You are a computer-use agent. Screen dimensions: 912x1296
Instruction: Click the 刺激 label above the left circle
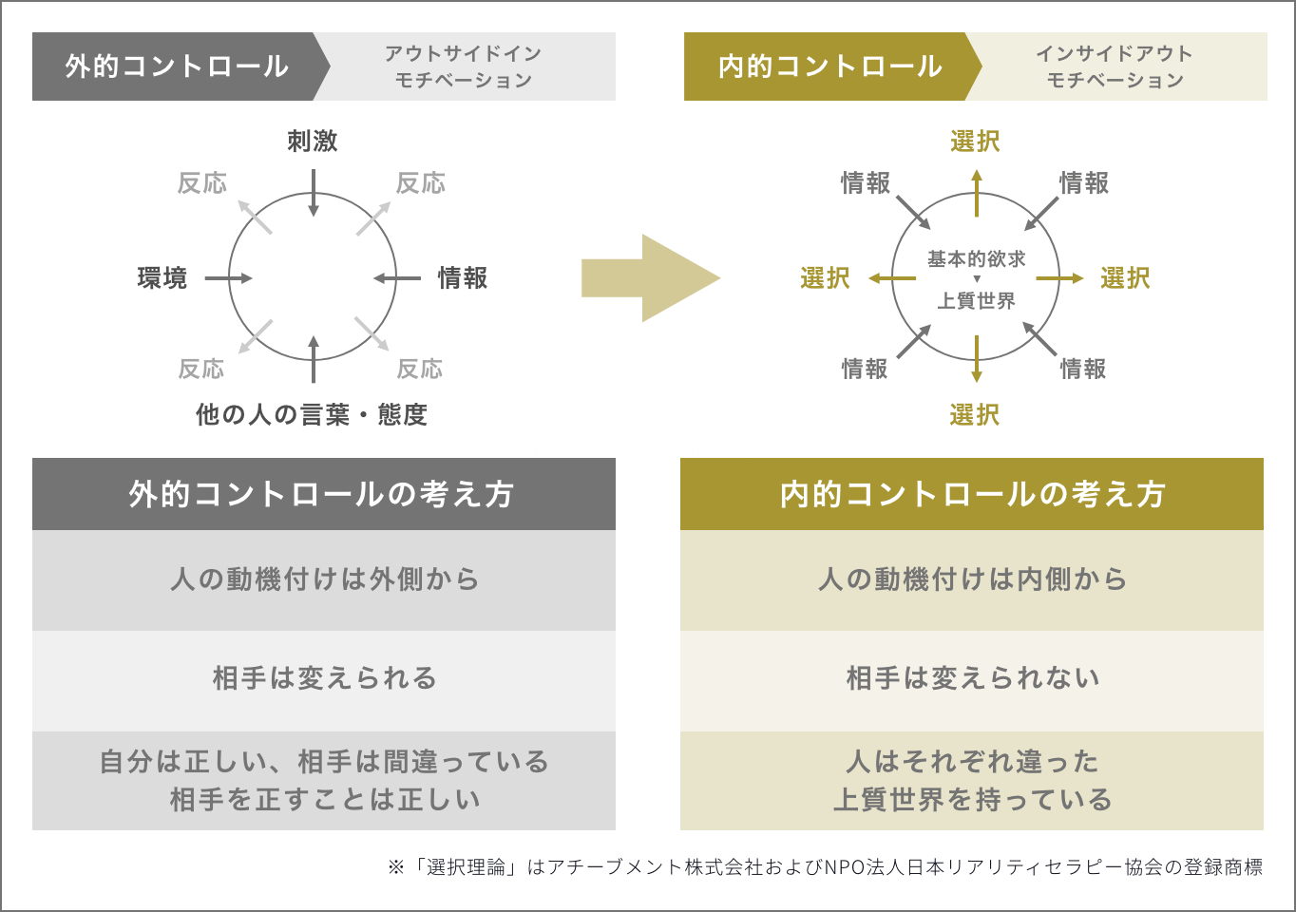coord(313,142)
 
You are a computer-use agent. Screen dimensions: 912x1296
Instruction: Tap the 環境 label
coord(162,278)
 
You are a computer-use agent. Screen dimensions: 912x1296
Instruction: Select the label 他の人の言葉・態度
coord(312,415)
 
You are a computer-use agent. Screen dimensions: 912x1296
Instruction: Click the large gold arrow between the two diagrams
coord(651,278)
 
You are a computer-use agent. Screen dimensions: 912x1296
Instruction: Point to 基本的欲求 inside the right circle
coord(977,258)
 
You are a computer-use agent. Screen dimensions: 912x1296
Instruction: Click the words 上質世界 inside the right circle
coord(977,301)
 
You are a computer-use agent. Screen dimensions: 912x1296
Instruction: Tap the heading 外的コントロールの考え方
coord(321,494)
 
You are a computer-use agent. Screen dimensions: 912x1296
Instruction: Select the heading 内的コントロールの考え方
coord(973,494)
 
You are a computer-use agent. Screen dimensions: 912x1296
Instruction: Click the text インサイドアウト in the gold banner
coord(1115,54)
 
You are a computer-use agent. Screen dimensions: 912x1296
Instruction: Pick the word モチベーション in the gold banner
coord(1115,81)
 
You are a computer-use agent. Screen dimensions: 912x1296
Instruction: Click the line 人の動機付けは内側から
coord(973,579)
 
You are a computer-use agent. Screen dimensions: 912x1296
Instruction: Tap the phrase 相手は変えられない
coord(973,678)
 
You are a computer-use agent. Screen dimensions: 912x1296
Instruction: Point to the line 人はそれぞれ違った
coord(973,762)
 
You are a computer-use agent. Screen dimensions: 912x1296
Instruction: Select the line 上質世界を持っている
coord(973,800)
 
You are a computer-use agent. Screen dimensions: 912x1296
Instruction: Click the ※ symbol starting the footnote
coord(396,867)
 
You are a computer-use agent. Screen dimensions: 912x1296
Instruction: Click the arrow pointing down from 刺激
coord(314,196)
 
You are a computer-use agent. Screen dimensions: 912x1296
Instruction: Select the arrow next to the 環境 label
coord(229,278)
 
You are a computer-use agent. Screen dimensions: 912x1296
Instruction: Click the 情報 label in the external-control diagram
coord(463,278)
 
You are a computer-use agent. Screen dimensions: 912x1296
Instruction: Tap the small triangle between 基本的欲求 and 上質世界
coord(977,280)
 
